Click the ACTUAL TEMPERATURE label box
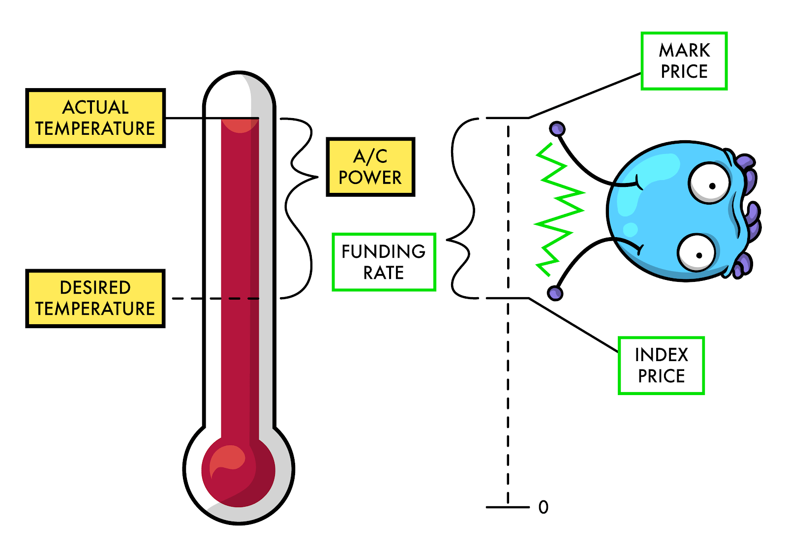95,118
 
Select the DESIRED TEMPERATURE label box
95,298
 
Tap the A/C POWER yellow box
370,167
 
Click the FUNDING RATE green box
384,262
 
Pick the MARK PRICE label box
684,61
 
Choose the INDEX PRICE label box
661,366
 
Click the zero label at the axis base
543,507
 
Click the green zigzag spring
559,209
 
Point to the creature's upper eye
710,183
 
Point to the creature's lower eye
697,253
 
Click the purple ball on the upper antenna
557,129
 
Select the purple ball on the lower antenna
555,293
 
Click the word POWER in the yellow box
370,178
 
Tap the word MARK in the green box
684,50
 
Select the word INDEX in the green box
661,355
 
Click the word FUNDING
384,251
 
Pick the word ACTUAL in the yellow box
95,107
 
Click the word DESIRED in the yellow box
95,287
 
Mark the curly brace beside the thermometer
301,207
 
